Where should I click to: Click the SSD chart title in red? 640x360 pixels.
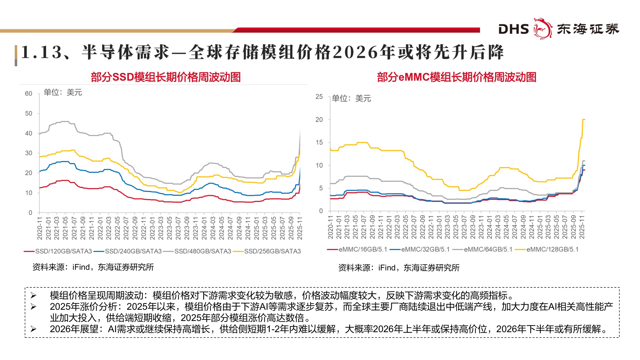pos(165,77)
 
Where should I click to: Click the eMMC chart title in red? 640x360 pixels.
pos(456,77)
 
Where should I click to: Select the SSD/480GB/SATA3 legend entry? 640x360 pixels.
pos(202,251)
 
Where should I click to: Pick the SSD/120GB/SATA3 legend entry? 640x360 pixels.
pos(63,251)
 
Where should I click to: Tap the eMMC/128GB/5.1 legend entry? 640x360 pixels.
pos(552,249)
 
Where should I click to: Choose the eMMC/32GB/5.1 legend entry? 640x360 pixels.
pos(425,249)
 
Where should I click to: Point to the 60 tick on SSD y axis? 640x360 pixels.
pos(28,93)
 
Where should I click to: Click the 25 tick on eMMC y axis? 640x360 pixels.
pos(319,97)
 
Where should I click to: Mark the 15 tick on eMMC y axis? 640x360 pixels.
pos(319,142)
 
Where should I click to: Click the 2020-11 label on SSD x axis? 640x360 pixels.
pos(40,228)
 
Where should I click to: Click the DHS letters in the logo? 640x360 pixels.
pos(514,29)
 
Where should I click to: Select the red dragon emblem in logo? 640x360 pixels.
pos(542,28)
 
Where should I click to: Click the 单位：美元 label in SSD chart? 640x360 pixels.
pos(63,92)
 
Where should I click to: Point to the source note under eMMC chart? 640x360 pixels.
pos(399,268)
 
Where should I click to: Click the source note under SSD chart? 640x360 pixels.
pos(93,267)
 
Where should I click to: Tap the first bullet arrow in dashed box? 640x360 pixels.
pos(33,295)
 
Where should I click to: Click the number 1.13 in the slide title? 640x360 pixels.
pos(42,52)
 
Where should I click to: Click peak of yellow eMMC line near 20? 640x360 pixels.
pos(583,119)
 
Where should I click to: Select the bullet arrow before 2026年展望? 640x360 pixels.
pos(33,329)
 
